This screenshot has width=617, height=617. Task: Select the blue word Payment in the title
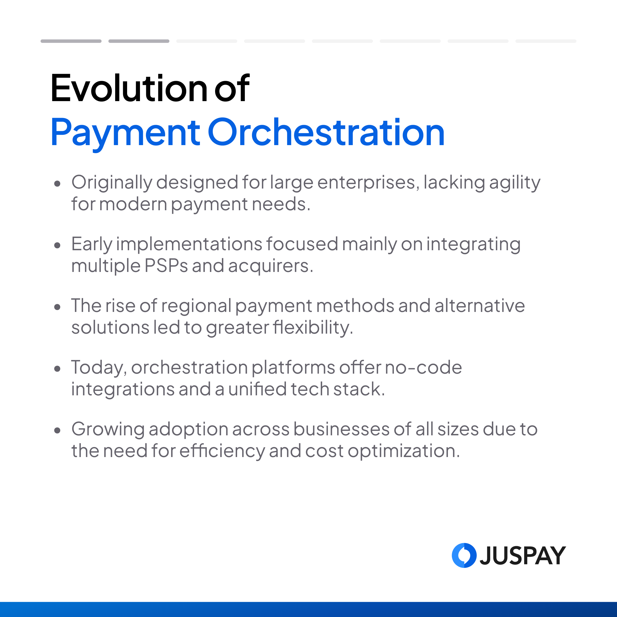[125, 134]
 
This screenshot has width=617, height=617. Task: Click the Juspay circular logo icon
[464, 555]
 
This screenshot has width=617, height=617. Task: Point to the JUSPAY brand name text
[523, 556]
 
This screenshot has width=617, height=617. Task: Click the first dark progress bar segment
[71, 41]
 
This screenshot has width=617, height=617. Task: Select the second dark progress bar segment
[139, 41]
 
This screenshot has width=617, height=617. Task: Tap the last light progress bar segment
[546, 41]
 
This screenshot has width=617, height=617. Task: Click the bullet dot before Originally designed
[57, 184]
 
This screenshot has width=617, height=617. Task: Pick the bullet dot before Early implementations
[57, 245]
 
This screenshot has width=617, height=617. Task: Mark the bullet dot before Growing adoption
[57, 430]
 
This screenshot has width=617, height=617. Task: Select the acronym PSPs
[166, 266]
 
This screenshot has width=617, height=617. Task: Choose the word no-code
[423, 368]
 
